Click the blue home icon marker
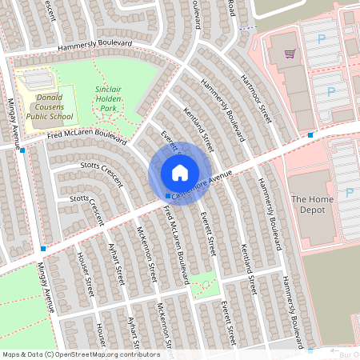coord(180,173)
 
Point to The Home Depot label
coord(308,204)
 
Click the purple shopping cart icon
coord(290,54)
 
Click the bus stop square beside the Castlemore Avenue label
coord(167,196)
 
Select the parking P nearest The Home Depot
coord(350,192)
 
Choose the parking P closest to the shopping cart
coord(322,38)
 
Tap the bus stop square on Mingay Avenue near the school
coord(22,150)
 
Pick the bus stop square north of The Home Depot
coord(310,135)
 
